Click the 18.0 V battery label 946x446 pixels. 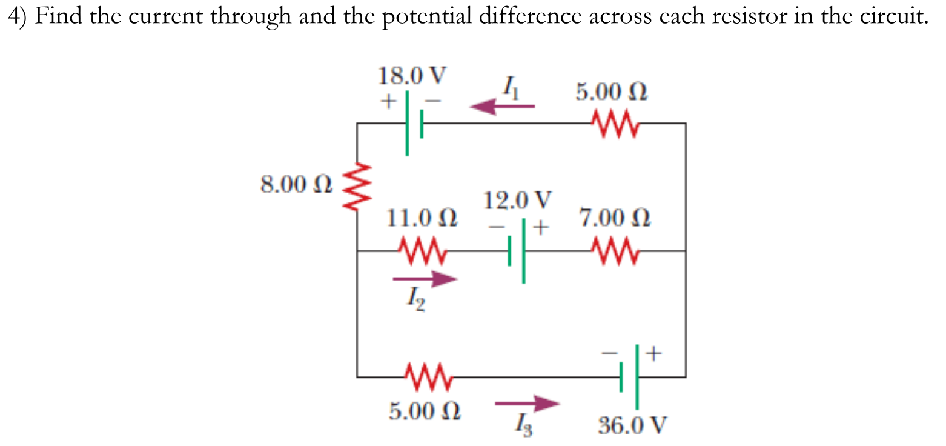coord(412,76)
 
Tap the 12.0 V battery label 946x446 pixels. coord(518,199)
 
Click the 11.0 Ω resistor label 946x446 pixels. coord(422,218)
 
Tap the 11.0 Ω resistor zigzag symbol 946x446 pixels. coord(423,250)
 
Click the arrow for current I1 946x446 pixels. coord(502,107)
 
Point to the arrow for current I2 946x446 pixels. coord(425,279)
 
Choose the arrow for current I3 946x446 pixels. coord(527,404)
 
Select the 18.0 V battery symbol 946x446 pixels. coord(414,123)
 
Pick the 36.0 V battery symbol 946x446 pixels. coord(629,376)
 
